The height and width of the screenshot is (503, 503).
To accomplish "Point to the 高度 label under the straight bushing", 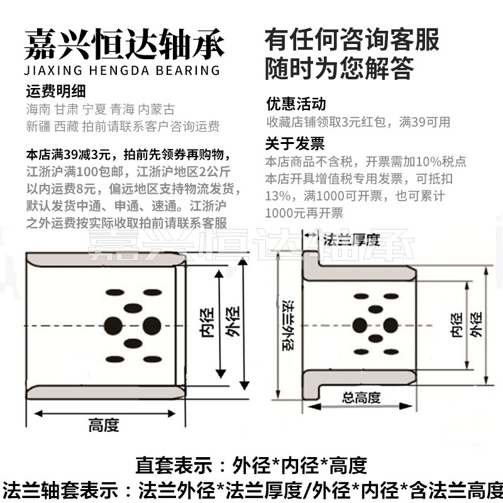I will [x=104, y=426].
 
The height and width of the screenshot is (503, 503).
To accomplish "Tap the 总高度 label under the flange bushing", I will [x=361, y=397].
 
